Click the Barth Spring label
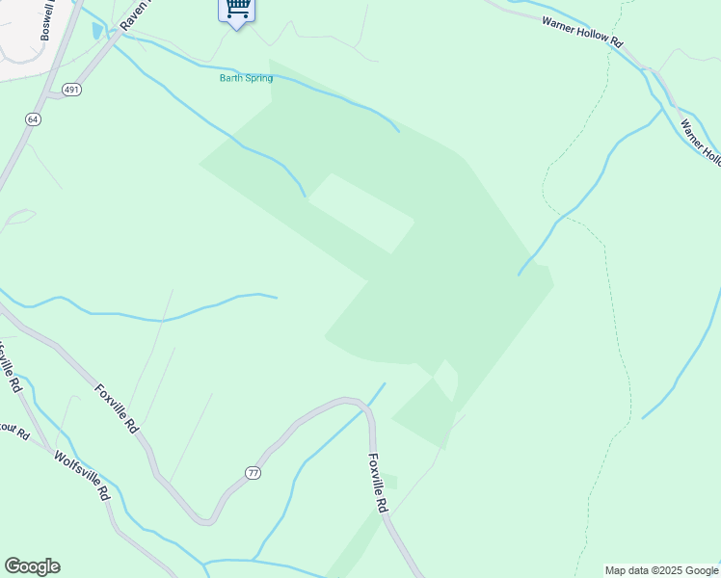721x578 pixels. click(246, 78)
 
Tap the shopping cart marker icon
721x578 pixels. click(237, 11)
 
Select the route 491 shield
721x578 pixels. click(72, 89)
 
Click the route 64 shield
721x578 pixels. click(33, 118)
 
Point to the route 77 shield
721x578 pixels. click(253, 472)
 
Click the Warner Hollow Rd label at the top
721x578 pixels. click(583, 31)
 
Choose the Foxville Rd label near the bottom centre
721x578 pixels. click(380, 483)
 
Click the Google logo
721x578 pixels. click(32, 566)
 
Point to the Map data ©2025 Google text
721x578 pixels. click(661, 570)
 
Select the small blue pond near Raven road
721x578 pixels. click(97, 31)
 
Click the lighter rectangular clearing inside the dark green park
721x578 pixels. click(360, 213)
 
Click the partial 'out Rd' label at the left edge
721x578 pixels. click(13, 432)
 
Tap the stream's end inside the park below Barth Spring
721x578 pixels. click(306, 196)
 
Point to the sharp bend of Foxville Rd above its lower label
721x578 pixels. click(365, 408)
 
